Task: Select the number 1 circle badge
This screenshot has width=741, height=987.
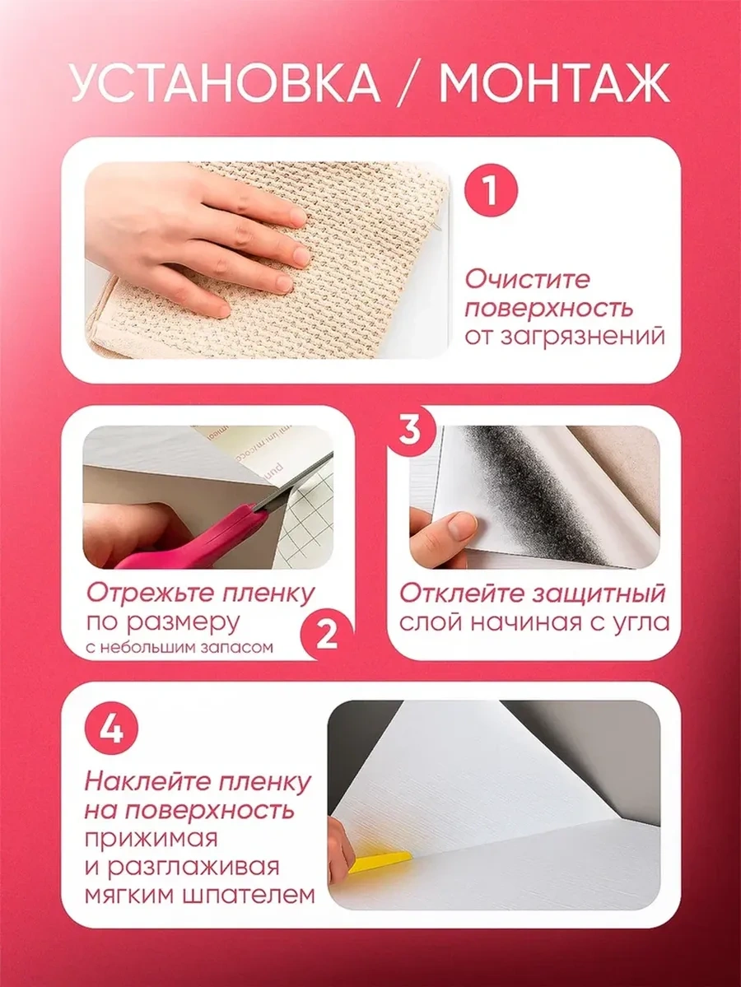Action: [x=491, y=190]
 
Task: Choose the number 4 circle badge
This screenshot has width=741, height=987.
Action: [x=111, y=730]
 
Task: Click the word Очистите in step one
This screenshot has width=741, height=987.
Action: [x=528, y=279]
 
